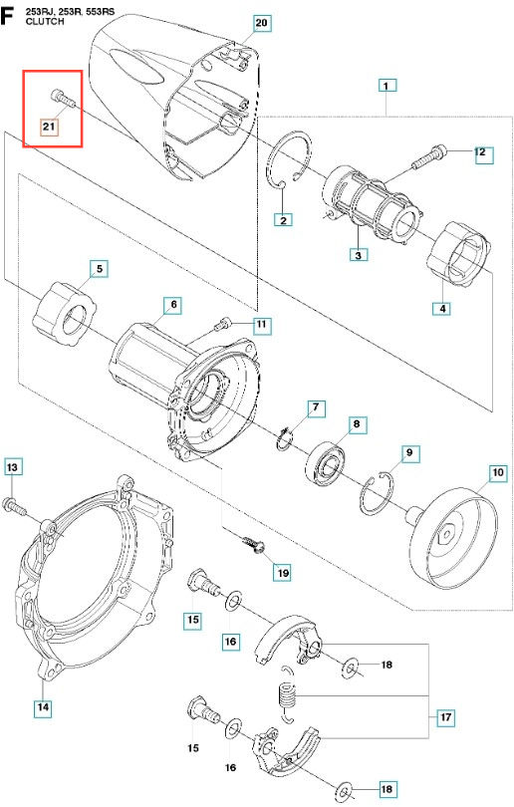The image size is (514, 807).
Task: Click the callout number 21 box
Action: coord(49,127)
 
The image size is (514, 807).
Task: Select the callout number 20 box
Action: coord(261,23)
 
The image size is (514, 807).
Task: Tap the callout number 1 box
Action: coord(386,86)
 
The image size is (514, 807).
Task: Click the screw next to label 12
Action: coord(428,156)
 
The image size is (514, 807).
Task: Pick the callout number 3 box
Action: coord(358,254)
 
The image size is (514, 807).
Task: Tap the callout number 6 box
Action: coord(173,305)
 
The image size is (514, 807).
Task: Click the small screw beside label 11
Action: coord(223,324)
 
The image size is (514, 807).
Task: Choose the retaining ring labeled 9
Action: coord(378,493)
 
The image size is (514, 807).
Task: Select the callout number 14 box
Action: coord(43,707)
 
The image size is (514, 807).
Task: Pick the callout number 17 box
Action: coord(446,717)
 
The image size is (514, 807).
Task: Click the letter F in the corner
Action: coord(7,17)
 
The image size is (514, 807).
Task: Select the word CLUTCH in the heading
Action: coord(45,22)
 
